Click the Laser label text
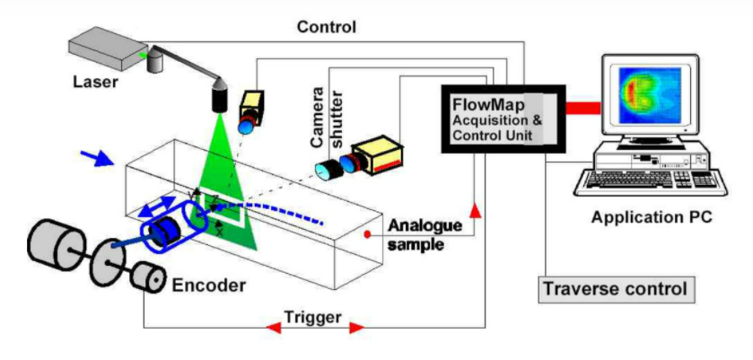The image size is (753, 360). pos(93,83)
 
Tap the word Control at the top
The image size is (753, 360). pos(326,27)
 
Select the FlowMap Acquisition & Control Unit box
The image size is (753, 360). pos(502,118)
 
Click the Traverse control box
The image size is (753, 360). pos(616,289)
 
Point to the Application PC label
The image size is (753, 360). pos(651,217)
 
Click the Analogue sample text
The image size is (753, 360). pos(416,235)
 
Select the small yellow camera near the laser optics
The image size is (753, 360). pos(250,108)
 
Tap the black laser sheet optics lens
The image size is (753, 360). pos(218,96)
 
